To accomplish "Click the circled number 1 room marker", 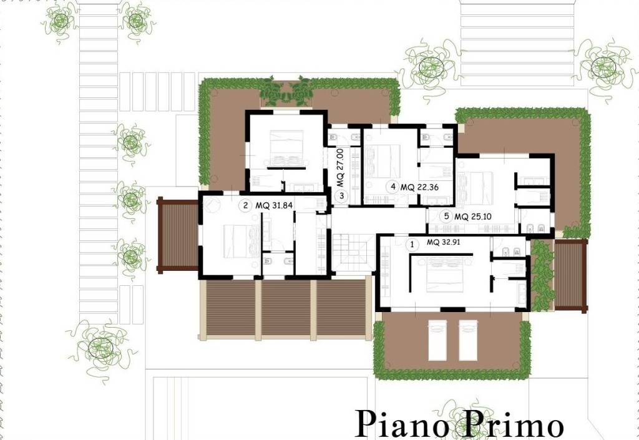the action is coord(412,245).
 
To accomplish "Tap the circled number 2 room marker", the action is coord(245,205).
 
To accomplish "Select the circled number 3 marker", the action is coord(341,195).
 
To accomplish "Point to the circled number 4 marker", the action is coord(393,187).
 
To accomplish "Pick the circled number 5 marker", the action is coord(447,217).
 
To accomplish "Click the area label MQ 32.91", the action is coord(444,242).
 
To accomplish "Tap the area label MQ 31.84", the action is coord(274,205).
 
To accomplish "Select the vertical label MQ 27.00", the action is coord(340,167).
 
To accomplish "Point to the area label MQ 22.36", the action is coord(419,187).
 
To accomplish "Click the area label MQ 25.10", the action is coord(473,217).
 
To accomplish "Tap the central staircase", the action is coord(351,253).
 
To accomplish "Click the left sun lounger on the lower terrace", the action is coord(437,340).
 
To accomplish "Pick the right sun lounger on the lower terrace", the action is coord(468,340).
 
